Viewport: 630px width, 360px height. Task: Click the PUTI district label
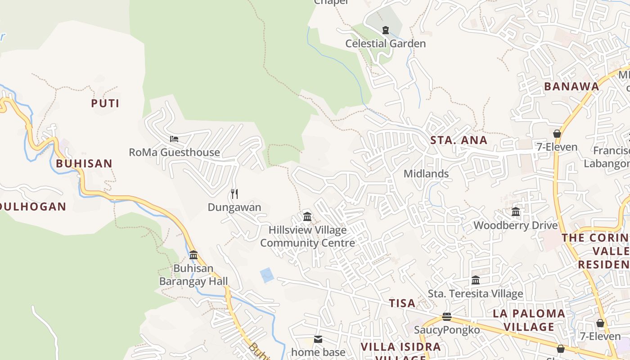105,103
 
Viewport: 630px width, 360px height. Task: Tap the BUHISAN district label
84,163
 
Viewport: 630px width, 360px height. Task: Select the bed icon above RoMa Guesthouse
174,139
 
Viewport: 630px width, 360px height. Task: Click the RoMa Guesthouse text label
174,152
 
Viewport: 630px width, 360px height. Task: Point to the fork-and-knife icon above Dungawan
234,194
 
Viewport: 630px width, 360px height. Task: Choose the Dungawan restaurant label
234,207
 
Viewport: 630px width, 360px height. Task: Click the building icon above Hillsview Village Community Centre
307,217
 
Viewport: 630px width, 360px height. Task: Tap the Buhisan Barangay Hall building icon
193,255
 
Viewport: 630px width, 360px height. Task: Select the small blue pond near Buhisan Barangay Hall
267,275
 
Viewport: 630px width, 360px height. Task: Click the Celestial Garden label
385,44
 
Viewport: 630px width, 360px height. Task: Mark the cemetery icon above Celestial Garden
385,30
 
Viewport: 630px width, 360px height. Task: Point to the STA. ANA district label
459,140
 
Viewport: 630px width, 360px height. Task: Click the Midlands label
426,174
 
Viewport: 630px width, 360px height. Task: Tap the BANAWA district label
571,87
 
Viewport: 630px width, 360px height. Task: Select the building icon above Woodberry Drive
516,211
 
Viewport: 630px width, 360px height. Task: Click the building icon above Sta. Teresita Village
476,280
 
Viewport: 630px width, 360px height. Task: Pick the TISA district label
402,303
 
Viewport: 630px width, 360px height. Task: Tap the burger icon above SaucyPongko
447,317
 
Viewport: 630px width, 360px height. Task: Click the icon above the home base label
318,339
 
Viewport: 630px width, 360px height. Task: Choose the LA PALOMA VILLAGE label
529,320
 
